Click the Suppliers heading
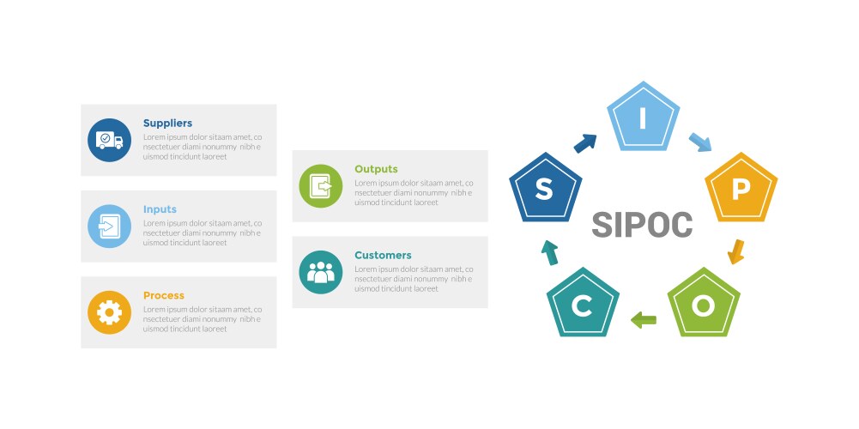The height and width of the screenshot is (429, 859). click(167, 124)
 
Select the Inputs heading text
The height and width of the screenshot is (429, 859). click(160, 209)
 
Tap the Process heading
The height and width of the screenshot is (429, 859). click(164, 295)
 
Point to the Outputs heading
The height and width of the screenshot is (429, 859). click(376, 169)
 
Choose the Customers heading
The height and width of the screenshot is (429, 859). click(383, 256)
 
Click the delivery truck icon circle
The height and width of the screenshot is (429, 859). click(110, 140)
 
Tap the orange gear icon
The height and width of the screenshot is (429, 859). click(110, 312)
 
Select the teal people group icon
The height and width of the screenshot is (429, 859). click(320, 272)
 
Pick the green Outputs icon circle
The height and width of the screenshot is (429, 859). click(320, 186)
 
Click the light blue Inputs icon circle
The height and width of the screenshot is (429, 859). click(110, 227)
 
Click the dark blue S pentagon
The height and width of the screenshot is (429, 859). click(545, 189)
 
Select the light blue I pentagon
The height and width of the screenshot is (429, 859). click(643, 118)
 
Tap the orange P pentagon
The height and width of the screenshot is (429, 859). click(741, 189)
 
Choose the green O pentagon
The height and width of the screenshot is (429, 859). click(704, 304)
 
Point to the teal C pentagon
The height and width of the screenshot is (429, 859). click(583, 304)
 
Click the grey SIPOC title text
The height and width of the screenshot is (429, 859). click(642, 225)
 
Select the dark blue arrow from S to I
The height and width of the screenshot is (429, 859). click(585, 143)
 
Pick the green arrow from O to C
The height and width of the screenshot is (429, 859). click(643, 320)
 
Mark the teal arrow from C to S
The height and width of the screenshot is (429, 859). click(549, 252)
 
